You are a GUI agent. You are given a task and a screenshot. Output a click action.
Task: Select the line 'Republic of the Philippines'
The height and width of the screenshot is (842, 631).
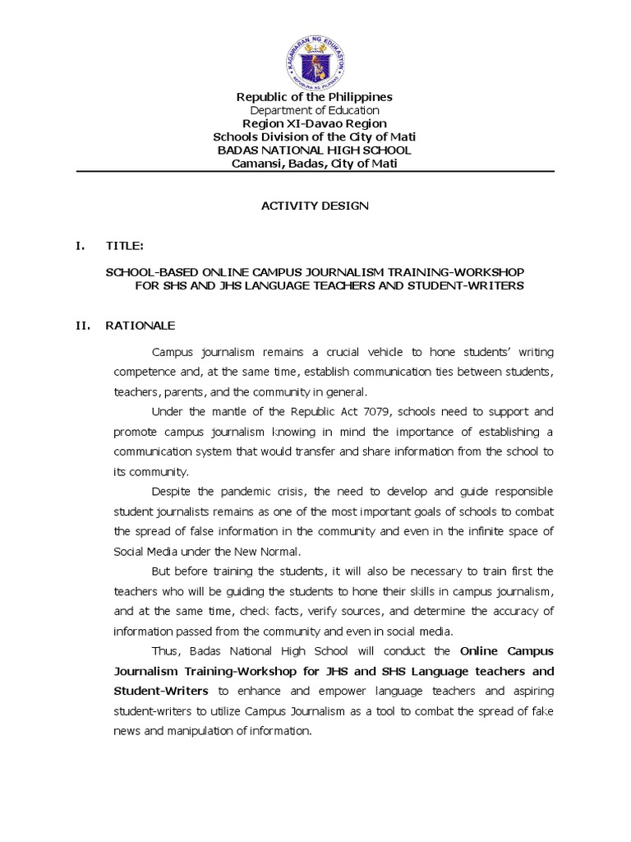(x=315, y=97)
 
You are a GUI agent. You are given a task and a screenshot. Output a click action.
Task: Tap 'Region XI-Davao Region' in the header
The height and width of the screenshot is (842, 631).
(x=315, y=124)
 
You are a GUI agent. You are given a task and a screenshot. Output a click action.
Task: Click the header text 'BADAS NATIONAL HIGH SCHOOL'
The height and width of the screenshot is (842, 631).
(x=315, y=150)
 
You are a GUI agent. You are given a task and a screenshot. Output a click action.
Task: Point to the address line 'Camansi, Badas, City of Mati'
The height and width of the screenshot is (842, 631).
(x=315, y=164)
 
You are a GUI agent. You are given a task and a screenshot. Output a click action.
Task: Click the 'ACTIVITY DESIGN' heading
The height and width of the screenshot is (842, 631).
(x=315, y=206)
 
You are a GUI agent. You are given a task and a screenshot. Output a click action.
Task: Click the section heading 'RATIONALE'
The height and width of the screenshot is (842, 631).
(x=140, y=326)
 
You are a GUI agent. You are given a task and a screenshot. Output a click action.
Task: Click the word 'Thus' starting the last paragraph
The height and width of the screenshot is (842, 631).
(x=164, y=651)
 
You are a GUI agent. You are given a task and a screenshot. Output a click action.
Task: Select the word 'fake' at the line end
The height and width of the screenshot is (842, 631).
(x=543, y=710)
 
